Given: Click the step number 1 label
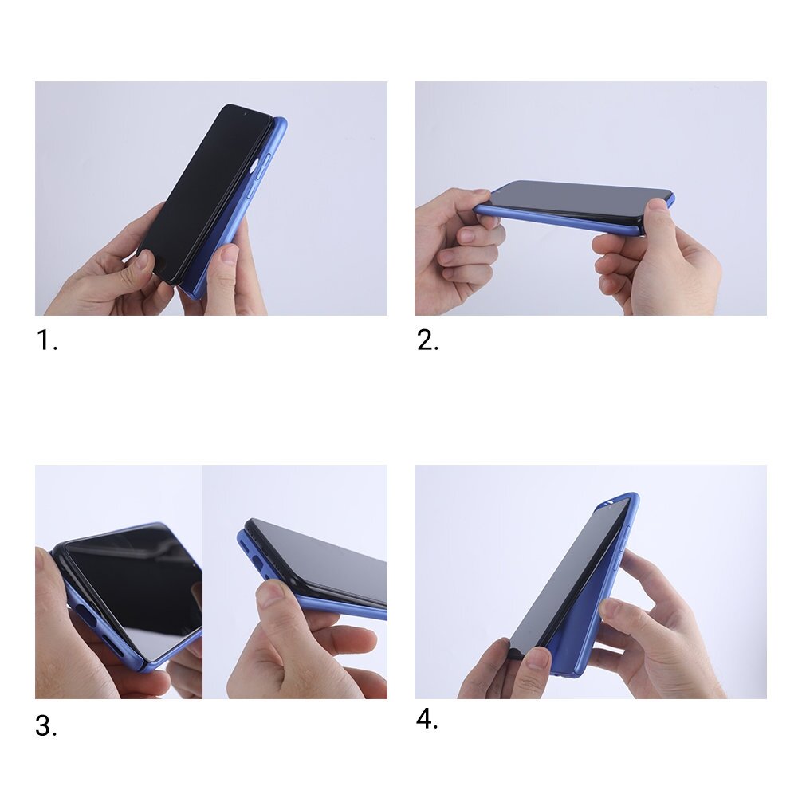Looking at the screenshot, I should (x=45, y=341).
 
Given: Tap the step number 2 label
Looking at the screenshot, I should (x=427, y=341).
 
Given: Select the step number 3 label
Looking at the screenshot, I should (x=45, y=726).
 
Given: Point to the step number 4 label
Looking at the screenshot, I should (x=427, y=719).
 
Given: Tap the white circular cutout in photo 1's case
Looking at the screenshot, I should (x=255, y=167).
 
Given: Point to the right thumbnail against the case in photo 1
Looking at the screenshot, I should (x=230, y=255).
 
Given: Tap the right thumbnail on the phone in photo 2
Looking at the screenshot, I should (x=657, y=206).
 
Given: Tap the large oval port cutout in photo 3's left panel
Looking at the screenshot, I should (x=86, y=618).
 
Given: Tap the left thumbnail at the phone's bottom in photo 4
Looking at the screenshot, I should (x=537, y=658).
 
